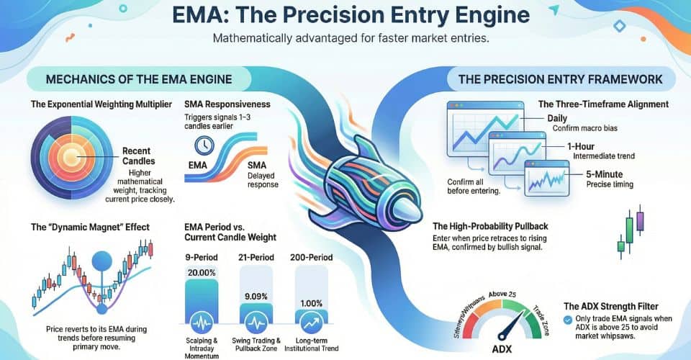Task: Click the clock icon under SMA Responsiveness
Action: (x=205, y=145)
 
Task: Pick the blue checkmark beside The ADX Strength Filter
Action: (x=569, y=318)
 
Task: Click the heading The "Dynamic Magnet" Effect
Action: (x=91, y=227)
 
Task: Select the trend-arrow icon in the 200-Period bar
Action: (x=310, y=321)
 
